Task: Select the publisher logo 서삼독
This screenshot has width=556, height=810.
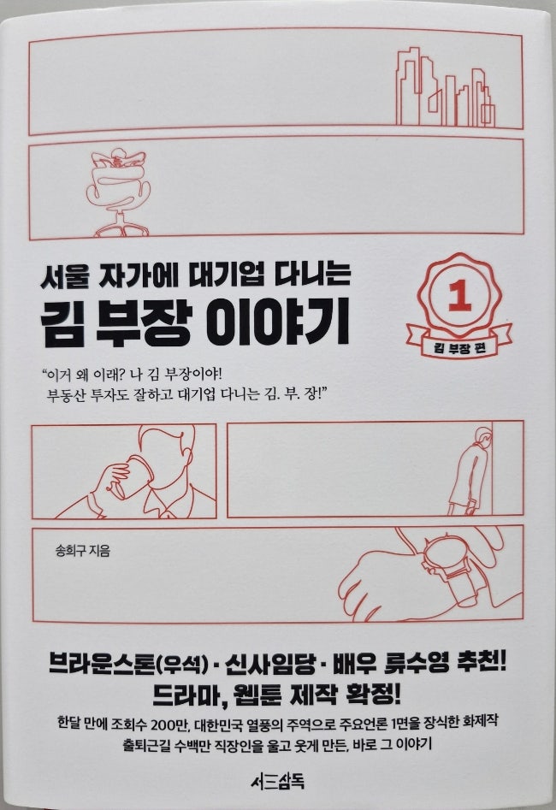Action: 277,782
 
